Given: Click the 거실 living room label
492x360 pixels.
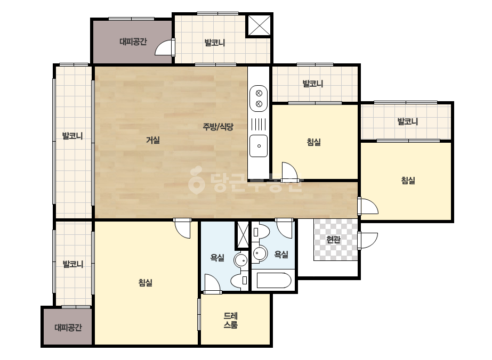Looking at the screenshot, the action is tap(153, 140).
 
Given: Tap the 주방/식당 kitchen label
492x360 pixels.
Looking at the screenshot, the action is tap(218, 127).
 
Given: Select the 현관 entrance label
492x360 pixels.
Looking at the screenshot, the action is tap(333, 240).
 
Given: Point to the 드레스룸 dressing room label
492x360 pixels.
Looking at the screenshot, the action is tap(231, 320).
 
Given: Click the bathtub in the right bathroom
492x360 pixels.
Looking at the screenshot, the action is tap(274, 280).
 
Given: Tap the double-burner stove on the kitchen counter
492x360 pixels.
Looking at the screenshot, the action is tap(259, 99).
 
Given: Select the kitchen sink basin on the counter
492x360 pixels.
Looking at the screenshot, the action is tap(259, 146).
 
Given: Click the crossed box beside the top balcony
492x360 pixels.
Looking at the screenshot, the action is tap(259, 26).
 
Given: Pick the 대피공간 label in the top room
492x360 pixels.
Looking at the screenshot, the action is tap(133, 42).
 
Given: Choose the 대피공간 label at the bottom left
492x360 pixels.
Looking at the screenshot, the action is tap(68, 328).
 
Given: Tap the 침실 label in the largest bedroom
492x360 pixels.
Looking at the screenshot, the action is tap(146, 283).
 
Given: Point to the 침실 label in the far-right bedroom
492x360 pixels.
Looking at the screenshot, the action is tap(408, 181).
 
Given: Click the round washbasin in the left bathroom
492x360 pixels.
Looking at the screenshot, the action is tap(241, 260).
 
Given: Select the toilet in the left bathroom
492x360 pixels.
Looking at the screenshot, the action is tap(239, 281).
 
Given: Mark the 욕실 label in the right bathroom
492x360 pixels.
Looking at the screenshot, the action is tap(281, 254).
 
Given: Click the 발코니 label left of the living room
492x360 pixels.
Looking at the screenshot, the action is tap(72, 136).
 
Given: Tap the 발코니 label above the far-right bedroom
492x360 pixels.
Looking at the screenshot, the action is tap(408, 121).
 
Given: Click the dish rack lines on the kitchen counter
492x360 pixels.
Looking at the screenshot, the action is tap(259, 124).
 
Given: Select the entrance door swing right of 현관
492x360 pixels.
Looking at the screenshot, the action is tap(368, 241).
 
